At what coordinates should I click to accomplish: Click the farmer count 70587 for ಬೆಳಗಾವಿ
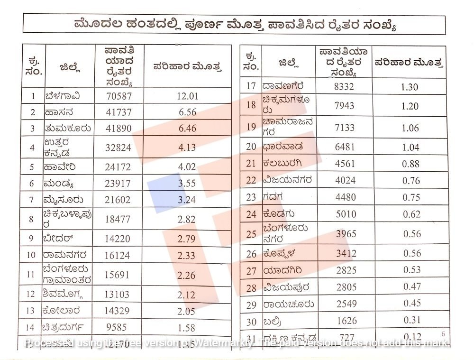click(x=118, y=96)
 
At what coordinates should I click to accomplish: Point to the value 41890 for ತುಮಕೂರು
click(x=118, y=129)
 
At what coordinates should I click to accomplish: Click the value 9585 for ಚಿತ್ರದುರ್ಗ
click(x=118, y=327)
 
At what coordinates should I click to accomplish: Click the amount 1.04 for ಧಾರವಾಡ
click(x=410, y=147)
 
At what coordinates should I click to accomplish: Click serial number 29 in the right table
click(x=251, y=305)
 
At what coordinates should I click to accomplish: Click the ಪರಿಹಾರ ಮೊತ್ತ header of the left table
click(x=187, y=66)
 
